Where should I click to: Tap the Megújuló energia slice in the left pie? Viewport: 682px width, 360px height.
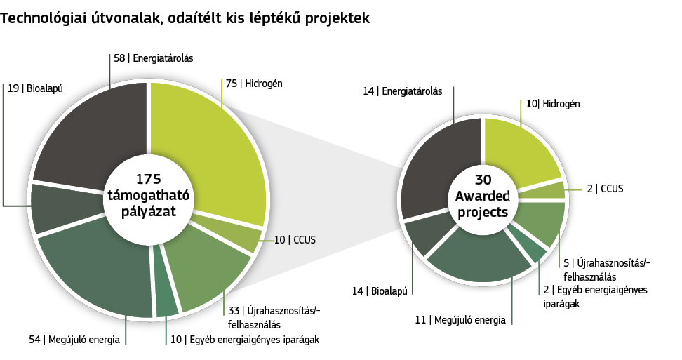tap(95, 269)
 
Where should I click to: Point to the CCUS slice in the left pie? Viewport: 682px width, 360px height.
tap(231, 229)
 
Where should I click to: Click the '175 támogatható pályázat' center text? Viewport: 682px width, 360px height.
tap(149, 195)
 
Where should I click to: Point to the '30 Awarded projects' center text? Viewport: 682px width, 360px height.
tap(483, 196)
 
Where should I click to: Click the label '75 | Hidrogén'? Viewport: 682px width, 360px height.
tap(254, 83)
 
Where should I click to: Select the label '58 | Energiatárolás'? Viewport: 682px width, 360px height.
tap(154, 58)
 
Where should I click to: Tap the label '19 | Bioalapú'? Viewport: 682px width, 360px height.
tap(35, 88)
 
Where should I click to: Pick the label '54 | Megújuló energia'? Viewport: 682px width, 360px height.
tap(74, 340)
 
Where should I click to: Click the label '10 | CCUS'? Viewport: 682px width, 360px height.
tap(295, 239)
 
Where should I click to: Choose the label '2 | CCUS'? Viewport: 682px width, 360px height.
tap(605, 189)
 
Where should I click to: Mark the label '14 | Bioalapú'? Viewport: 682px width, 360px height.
tap(380, 291)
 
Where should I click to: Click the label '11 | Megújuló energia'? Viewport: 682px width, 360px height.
tap(460, 321)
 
